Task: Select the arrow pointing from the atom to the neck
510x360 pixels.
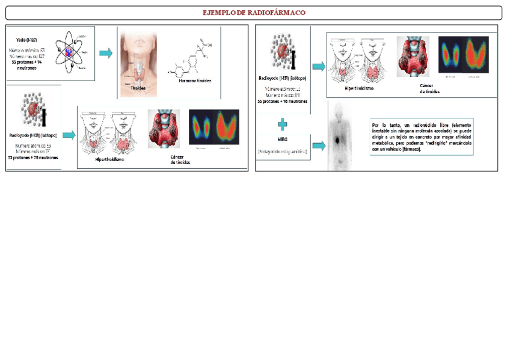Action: [x=106, y=53]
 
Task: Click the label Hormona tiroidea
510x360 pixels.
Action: [x=195, y=81]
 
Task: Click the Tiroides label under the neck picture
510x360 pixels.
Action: [x=138, y=88]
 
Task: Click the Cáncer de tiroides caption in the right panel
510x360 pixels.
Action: [x=429, y=89]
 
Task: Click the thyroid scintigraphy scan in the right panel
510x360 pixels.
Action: [x=463, y=55]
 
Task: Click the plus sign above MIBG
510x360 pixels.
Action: [x=282, y=124]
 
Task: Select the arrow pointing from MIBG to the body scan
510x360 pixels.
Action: [x=319, y=145]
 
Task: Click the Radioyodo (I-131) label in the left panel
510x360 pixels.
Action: [x=33, y=135]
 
